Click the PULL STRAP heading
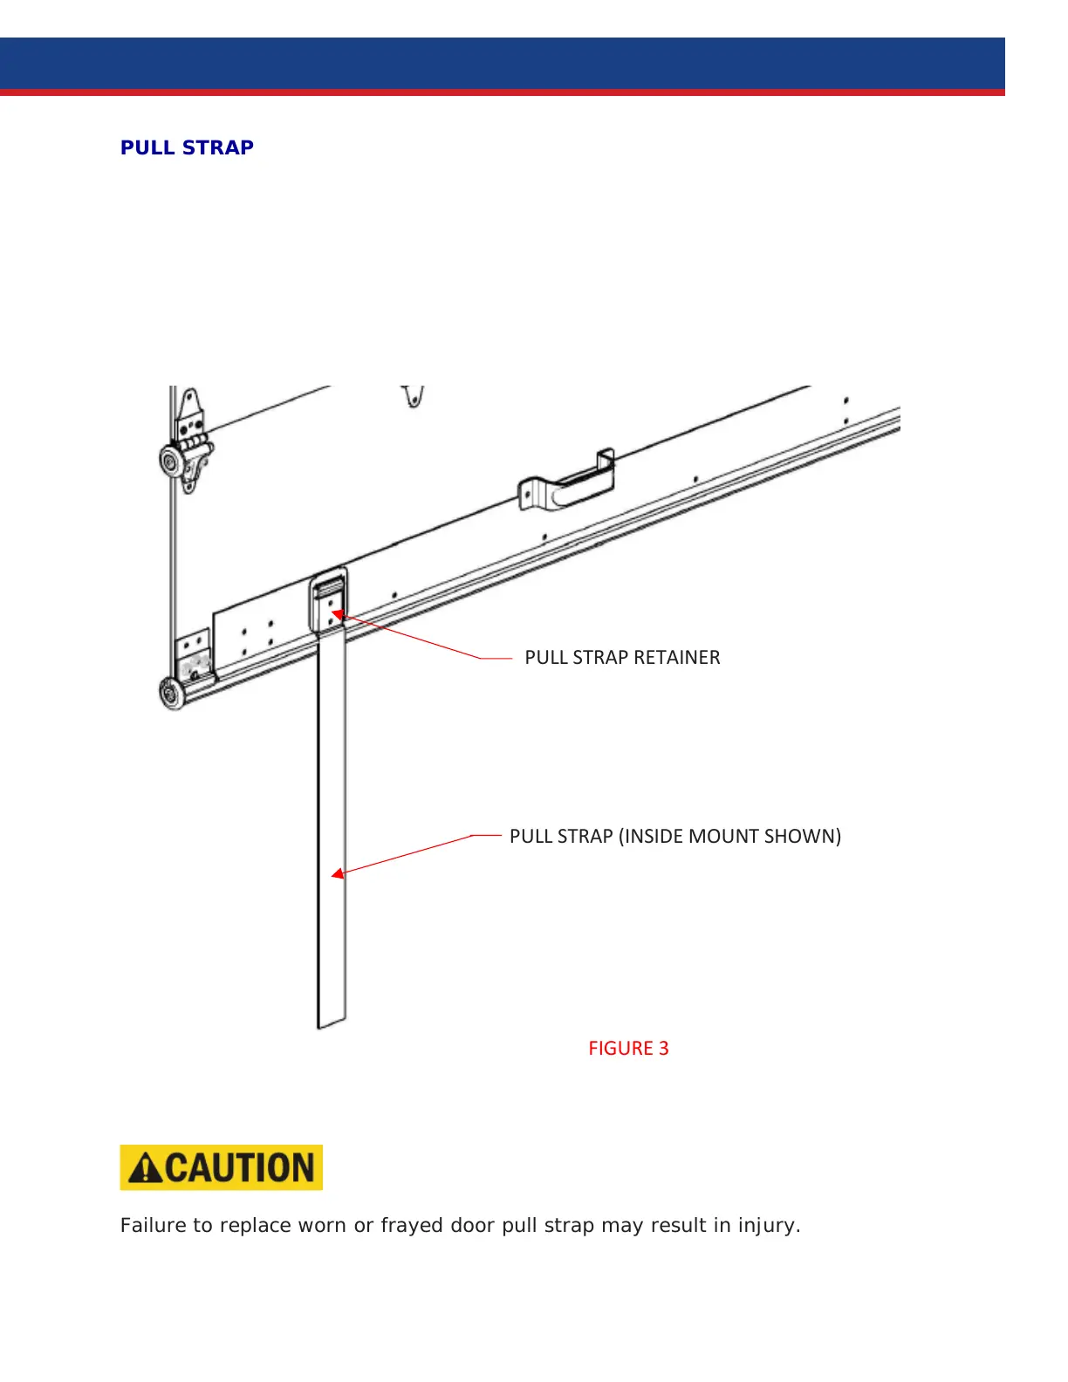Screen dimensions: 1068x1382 [x=187, y=147]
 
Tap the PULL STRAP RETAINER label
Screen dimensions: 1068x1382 [x=622, y=658]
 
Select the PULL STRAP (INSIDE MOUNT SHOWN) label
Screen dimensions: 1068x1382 [x=674, y=837]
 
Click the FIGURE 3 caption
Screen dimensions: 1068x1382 [x=628, y=1049]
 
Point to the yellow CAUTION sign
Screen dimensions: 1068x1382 [x=222, y=1167]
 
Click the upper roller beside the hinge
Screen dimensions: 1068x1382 [x=172, y=460]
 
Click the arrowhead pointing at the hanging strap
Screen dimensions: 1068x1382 [x=337, y=873]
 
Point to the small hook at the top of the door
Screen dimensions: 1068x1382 [x=414, y=396]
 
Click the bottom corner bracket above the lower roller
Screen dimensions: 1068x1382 [x=194, y=654]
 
